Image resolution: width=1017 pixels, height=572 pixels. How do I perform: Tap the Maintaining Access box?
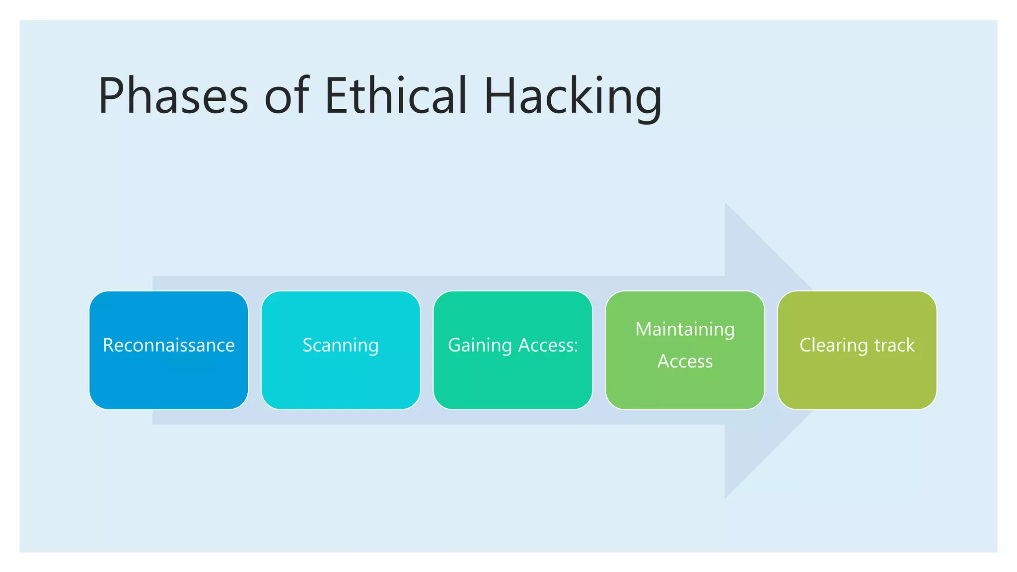pos(685,387)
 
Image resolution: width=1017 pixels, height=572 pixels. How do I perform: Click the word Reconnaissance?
pos(168,345)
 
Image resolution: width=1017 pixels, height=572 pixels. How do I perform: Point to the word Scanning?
pos(341,345)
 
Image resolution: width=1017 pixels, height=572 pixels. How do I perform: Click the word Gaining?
pos(480,345)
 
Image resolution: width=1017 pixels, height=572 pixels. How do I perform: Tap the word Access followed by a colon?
pos(548,345)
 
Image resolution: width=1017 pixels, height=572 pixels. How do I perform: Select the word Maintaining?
pos(685,329)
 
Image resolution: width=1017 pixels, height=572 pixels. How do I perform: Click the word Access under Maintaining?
pos(685,361)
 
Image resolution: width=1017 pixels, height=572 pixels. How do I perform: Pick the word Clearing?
pos(834,345)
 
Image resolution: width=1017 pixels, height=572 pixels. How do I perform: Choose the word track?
pos(894,345)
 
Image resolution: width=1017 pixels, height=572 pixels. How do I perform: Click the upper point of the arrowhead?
pos(726,205)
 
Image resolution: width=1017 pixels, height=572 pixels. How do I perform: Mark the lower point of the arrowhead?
pos(726,497)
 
